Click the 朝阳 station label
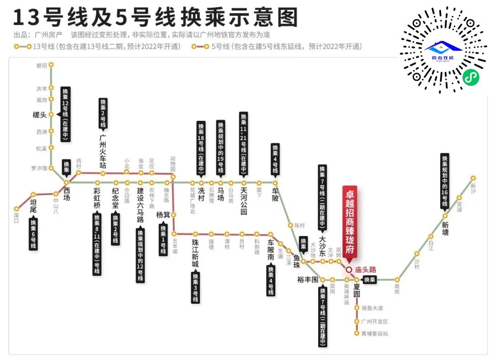coord(42,66)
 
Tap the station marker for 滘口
coord(16,209)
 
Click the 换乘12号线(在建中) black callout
coord(66,113)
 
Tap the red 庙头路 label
coord(365,270)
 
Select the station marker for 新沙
coord(473,178)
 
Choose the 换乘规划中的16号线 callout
coord(445,180)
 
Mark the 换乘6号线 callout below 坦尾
coord(33,234)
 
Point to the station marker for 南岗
coord(397,279)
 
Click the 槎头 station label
coord(40,115)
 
